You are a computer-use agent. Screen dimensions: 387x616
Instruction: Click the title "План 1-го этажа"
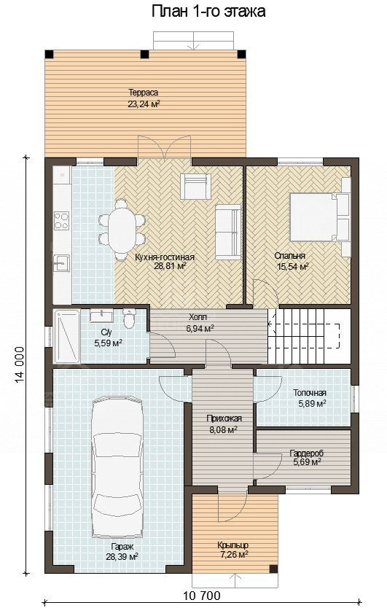tap(208, 12)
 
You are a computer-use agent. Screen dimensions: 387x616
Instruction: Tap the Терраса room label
tap(143, 93)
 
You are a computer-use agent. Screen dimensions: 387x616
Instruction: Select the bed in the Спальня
tap(319, 217)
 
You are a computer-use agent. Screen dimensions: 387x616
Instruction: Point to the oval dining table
tap(122, 230)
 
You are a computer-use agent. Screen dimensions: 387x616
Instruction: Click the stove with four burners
tap(62, 220)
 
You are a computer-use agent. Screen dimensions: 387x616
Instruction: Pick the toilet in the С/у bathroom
tap(128, 319)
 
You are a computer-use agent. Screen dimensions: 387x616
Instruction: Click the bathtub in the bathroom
tap(67, 336)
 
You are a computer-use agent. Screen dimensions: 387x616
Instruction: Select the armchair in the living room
tap(195, 186)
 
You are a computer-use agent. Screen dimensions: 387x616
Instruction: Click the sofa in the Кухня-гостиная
tap(228, 232)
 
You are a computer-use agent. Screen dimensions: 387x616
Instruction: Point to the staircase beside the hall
tap(309, 336)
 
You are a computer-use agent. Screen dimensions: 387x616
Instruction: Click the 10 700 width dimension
tap(202, 596)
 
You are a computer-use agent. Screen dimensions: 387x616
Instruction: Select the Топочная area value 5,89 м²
tap(310, 403)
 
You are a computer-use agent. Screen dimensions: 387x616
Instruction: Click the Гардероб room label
tap(306, 453)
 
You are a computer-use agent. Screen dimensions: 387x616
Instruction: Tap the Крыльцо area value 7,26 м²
tap(232, 554)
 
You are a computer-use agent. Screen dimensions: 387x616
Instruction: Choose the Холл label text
tap(198, 317)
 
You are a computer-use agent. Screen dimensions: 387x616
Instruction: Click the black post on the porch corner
tap(273, 569)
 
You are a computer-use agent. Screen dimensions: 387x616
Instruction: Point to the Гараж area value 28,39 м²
tap(122, 557)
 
